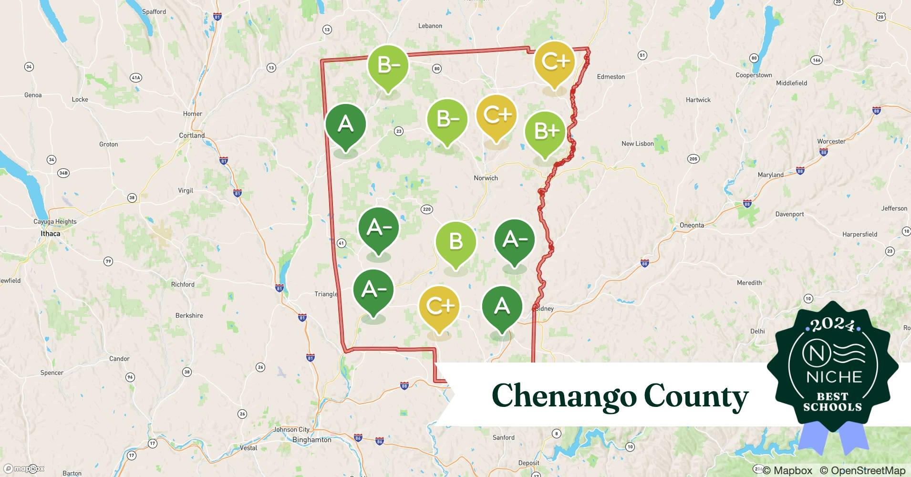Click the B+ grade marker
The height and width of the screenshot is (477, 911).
[545, 132]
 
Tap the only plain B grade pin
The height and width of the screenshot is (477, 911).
[455, 242]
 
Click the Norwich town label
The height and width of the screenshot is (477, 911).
[486, 178]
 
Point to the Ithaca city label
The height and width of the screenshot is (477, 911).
[50, 234]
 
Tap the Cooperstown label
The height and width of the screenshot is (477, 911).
[754, 75]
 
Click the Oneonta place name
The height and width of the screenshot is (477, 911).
[692, 225]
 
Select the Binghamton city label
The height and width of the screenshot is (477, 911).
[311, 440]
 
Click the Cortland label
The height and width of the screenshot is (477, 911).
[192, 135]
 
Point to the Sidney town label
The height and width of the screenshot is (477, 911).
[545, 309]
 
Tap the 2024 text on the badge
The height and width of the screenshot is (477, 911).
[832, 325]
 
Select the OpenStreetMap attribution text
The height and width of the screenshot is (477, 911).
[862, 470]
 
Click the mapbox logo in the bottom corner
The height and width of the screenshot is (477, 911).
[24, 468]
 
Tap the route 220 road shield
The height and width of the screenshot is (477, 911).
[426, 209]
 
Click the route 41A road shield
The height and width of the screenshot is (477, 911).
[136, 77]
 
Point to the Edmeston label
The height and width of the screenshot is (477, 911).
[611, 77]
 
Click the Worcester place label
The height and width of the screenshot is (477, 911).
[831, 142]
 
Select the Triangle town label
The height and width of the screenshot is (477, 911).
[326, 294]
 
